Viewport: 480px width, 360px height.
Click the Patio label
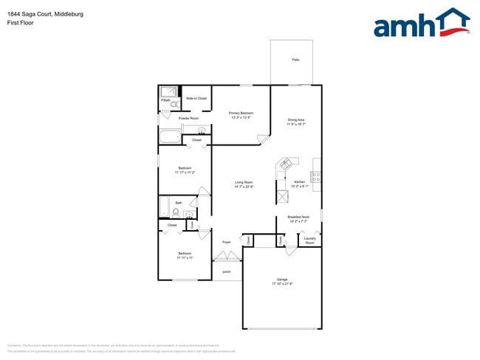tap(295, 59)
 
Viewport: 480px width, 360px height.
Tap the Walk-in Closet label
tap(196, 98)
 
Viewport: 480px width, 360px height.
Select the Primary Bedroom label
tap(241, 113)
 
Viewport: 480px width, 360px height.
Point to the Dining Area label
tap(296, 120)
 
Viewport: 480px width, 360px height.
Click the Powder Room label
tap(188, 118)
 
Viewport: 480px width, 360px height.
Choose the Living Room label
tap(244, 182)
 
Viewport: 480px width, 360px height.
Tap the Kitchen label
tap(299, 182)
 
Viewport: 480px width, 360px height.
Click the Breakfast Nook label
tap(298, 217)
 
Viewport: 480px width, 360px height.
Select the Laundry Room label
tap(310, 240)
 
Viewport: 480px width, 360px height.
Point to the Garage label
tap(282, 280)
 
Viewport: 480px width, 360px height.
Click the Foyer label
tap(227, 242)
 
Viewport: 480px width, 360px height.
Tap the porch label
tap(227, 271)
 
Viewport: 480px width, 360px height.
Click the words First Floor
tap(21, 23)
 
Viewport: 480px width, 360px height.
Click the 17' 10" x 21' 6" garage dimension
tap(282, 284)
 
